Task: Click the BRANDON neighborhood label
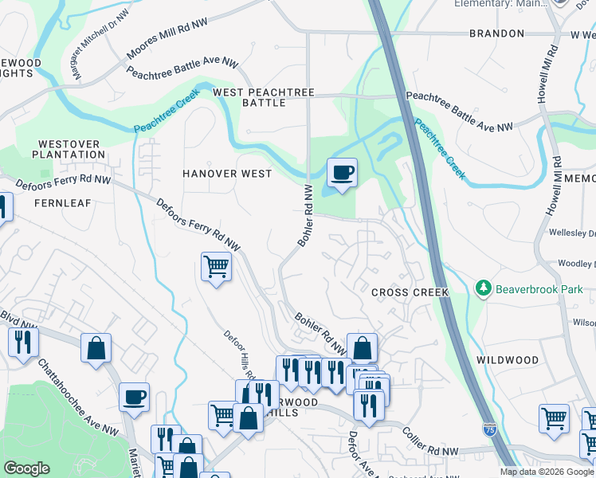496,33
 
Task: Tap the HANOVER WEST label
227,174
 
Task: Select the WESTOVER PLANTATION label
68,149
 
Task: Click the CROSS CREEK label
410,292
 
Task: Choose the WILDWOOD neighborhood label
508,360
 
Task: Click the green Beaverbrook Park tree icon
481,288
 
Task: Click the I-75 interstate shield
490,429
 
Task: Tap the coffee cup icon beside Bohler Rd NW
342,173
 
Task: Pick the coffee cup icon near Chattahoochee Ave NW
134,397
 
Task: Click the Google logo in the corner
26,468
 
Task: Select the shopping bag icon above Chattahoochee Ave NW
96,348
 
